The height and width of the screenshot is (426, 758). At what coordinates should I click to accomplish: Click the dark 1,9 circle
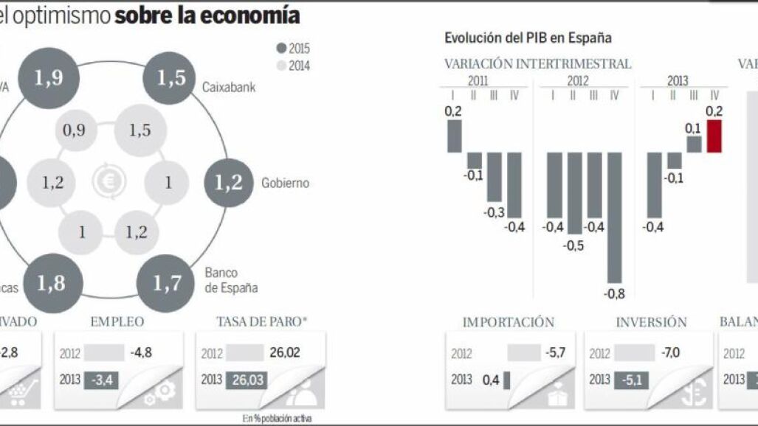pyautogui.click(x=49, y=78)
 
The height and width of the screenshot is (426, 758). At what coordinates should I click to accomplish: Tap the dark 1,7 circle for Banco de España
pyautogui.click(x=168, y=282)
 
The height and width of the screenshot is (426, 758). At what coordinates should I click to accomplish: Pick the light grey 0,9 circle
pyautogui.click(x=74, y=130)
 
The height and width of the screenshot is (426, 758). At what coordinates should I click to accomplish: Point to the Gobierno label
pyautogui.click(x=285, y=183)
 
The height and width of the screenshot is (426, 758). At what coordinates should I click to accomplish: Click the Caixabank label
pyautogui.click(x=229, y=87)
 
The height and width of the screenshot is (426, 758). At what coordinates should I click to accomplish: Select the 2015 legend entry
pyautogui.click(x=293, y=49)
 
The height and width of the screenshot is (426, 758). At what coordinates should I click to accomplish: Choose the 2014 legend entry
pyautogui.click(x=293, y=66)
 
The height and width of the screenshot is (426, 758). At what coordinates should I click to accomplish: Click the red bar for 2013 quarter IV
pyautogui.click(x=714, y=136)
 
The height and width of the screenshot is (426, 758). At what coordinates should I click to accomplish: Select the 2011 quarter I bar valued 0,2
pyautogui.click(x=454, y=136)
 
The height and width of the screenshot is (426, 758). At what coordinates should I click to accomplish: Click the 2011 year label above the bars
pyautogui.click(x=478, y=81)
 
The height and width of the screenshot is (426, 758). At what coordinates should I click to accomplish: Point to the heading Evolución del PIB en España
pyautogui.click(x=528, y=38)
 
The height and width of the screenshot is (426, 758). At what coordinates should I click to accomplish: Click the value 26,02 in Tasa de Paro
pyautogui.click(x=285, y=353)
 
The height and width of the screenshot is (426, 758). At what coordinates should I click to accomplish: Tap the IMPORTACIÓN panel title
pyautogui.click(x=508, y=322)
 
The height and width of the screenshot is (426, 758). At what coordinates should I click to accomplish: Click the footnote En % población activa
pyautogui.click(x=277, y=418)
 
